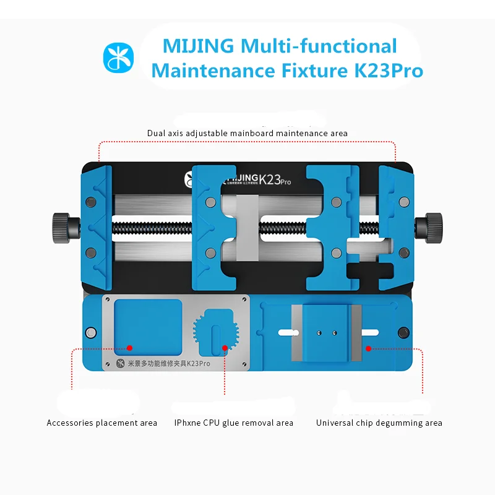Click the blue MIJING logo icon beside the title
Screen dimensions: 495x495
tap(118, 58)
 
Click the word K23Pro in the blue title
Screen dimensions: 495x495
tap(388, 71)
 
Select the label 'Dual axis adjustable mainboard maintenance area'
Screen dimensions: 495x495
tap(247, 133)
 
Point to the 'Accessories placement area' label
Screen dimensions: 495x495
tap(102, 423)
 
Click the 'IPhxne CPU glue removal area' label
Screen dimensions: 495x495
tap(234, 423)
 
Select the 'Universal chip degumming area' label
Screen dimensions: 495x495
tap(379, 423)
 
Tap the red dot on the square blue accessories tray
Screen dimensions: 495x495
tap(130, 348)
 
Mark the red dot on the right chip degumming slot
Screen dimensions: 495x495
tap(368, 348)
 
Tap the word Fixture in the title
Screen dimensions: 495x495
tap(311, 71)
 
